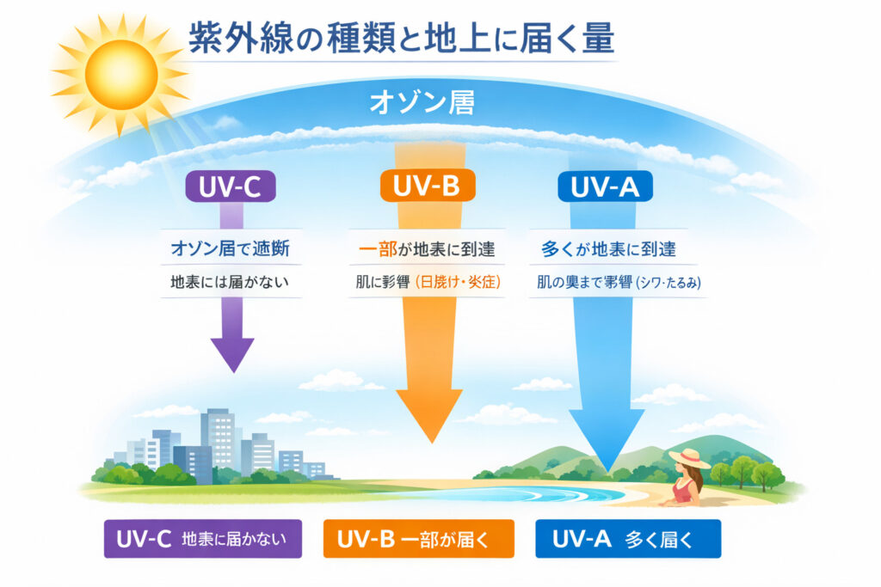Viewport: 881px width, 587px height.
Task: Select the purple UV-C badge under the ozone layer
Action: [x=231, y=186]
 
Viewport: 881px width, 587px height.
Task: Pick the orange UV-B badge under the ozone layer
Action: [x=428, y=186]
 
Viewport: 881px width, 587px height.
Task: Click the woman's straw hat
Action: [x=688, y=457]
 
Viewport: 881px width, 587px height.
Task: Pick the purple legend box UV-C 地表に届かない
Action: [x=203, y=539]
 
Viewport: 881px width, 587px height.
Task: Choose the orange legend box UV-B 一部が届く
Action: [x=418, y=539]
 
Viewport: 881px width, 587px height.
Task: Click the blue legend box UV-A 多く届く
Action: [x=627, y=539]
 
